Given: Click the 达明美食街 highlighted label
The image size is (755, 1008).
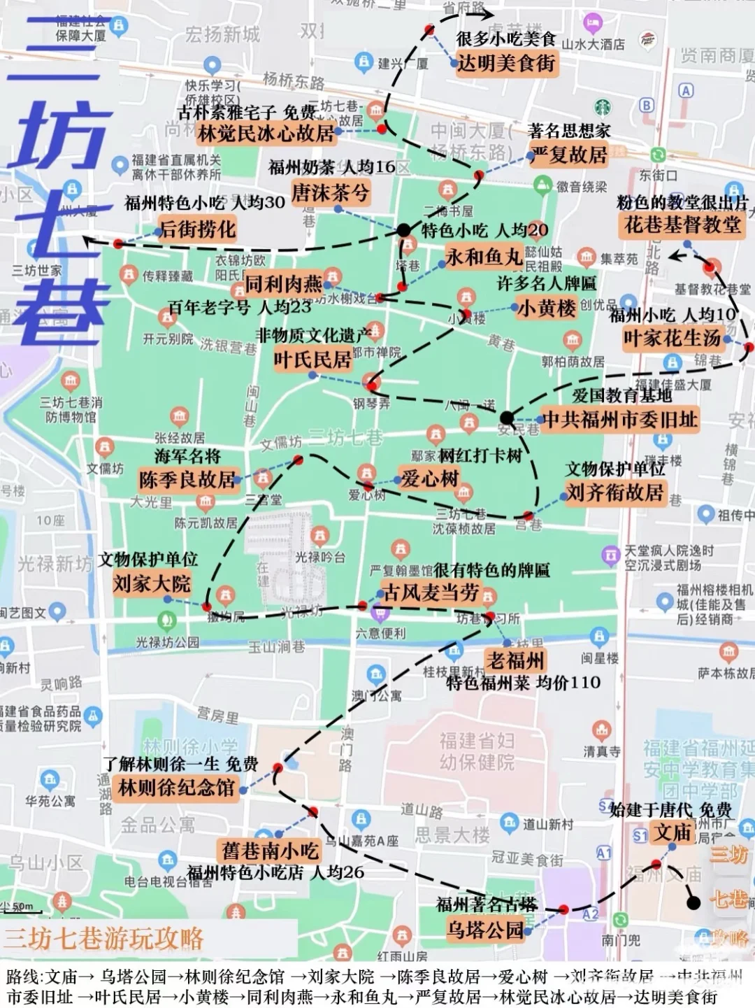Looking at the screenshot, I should pos(505,63).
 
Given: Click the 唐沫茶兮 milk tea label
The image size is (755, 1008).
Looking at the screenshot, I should pos(330,192).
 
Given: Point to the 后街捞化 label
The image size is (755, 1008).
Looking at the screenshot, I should pos(198,229).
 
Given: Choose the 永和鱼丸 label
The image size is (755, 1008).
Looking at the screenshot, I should pos(484,257).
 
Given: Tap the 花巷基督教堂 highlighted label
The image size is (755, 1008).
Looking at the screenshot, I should pos(682,225).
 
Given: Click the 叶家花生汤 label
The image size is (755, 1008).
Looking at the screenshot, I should pos(672,339).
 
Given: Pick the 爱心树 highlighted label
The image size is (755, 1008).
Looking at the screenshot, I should pos(429,478).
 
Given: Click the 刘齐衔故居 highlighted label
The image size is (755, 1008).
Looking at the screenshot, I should pos(614,492).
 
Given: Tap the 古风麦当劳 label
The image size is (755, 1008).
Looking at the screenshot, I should pos(431,593).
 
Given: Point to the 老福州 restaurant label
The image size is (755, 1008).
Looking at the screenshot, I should pos(516,660).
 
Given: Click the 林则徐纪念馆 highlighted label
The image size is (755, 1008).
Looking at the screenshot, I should pos(176,788).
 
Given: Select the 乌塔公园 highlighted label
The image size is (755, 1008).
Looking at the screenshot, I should pos(485,930).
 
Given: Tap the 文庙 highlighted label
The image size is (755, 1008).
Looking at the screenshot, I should pos(673,832).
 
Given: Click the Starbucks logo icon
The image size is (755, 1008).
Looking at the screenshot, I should pos(602,107).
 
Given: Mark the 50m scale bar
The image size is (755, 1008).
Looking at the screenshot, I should pos(21,911).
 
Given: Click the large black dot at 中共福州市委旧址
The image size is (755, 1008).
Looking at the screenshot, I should pos(507,418).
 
